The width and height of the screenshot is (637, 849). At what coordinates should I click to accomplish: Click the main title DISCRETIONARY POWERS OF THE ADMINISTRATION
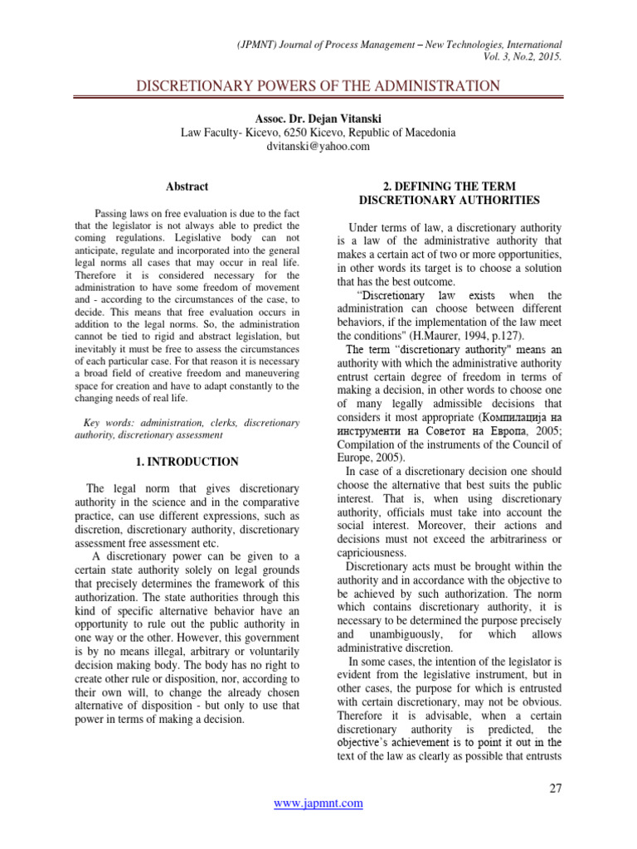click(x=318, y=86)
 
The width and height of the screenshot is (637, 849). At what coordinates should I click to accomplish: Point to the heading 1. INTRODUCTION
click(x=187, y=462)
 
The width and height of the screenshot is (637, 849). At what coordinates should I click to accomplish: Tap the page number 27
click(x=556, y=788)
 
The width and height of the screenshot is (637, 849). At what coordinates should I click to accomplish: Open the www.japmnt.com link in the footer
click(x=318, y=803)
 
